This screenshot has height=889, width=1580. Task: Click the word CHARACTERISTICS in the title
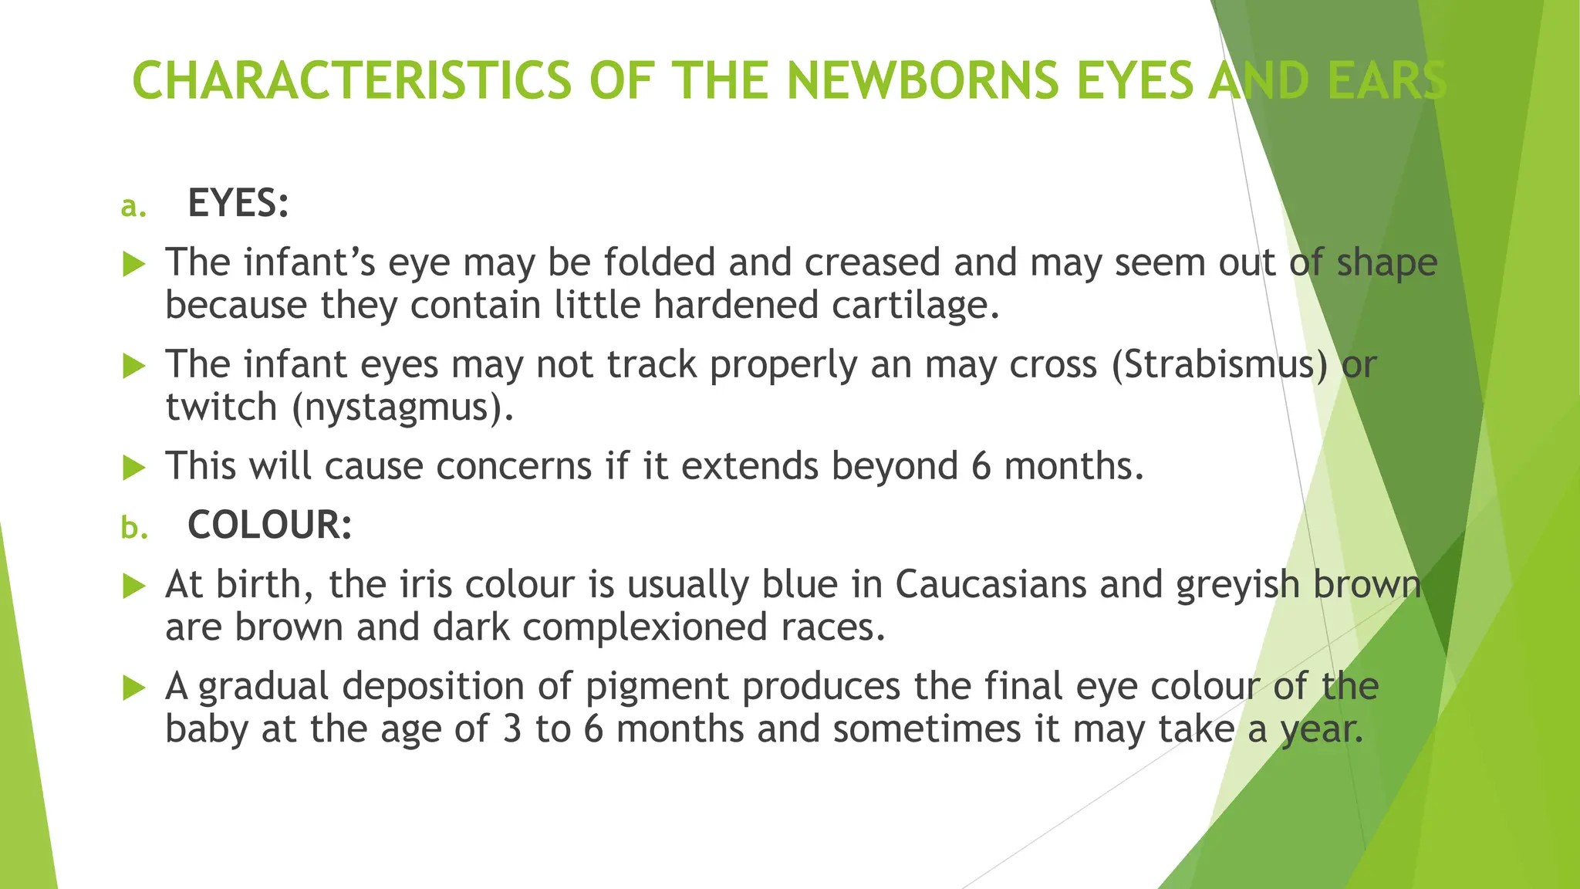click(351, 81)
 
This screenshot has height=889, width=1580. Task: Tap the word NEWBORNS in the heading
click(923, 81)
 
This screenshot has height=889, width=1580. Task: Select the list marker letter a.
click(133, 207)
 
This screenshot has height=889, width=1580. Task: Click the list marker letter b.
click(133, 528)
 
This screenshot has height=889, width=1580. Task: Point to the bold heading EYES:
click(238, 204)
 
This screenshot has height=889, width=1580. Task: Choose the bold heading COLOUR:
click(270, 526)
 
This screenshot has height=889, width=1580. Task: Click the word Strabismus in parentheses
click(1219, 364)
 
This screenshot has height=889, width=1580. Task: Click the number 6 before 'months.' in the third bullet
click(981, 467)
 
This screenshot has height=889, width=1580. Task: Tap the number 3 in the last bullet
click(512, 729)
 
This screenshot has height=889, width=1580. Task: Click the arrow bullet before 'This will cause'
click(134, 468)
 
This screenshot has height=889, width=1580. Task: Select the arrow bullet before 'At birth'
click(134, 586)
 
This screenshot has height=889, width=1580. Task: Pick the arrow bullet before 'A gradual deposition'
click(134, 688)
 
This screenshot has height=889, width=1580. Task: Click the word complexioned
click(644, 627)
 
